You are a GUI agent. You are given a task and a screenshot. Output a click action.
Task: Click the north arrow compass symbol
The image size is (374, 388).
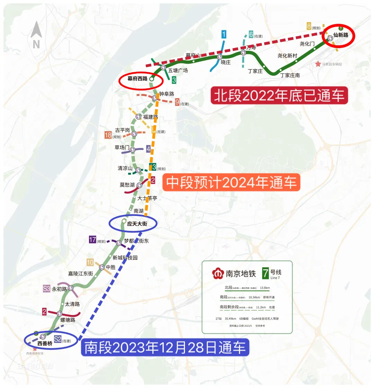point(36,35)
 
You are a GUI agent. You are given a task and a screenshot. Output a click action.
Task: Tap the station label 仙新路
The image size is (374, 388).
point(341,35)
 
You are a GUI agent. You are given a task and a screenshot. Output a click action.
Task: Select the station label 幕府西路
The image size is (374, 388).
point(137,79)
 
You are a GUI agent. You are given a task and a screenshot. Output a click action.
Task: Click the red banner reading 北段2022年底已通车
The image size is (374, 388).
point(279,96)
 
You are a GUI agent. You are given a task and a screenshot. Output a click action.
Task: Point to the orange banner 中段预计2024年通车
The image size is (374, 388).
point(231,182)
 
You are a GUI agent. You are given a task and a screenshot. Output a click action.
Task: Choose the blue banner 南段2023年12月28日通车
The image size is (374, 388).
point(165,347)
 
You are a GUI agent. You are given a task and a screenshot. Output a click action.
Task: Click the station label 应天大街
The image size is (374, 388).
point(137,224)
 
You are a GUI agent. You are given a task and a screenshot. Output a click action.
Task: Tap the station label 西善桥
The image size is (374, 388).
point(45,343)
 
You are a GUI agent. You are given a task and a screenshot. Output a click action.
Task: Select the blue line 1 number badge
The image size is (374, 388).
point(224,34)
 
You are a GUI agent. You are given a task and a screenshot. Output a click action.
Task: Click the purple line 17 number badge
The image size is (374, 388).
point(92,240)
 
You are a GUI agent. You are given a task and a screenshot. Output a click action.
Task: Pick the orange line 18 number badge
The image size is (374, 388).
point(108,135)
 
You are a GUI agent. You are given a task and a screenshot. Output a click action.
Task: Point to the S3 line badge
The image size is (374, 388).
point(47,289)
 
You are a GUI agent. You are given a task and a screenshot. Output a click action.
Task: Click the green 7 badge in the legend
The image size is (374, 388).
point(265,273)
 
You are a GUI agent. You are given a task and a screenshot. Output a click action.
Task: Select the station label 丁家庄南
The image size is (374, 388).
point(290,75)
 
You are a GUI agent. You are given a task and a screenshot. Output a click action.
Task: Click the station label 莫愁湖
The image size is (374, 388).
point(127,185)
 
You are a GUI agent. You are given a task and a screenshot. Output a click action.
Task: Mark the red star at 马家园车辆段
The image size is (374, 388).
point(318,64)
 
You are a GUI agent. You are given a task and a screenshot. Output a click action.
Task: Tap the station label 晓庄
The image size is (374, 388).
point(225,62)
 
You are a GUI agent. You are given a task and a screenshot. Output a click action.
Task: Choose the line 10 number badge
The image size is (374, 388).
point(90,262)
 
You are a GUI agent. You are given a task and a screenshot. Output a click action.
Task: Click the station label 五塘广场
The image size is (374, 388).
point(178,70)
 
